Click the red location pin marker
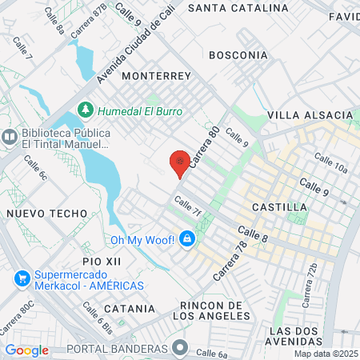181,163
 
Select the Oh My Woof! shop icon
186,239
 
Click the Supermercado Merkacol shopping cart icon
20,280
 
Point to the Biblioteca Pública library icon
10,137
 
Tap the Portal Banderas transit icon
181,349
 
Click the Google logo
26,350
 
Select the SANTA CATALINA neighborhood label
238,8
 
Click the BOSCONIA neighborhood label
238,55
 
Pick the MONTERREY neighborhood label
157,76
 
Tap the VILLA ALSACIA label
310,115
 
